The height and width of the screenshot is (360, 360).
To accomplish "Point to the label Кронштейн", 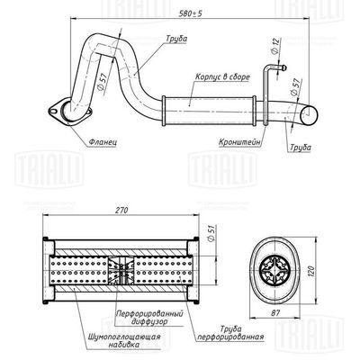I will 237,141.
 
